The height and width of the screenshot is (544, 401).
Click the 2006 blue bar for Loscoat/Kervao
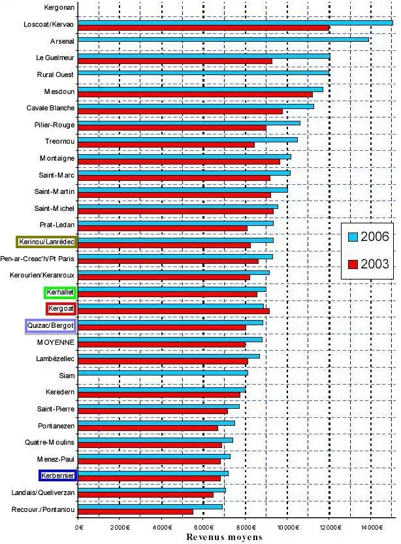point(235,22)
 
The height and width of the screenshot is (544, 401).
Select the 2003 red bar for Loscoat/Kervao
point(203,28)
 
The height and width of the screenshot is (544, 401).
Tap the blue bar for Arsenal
point(223,39)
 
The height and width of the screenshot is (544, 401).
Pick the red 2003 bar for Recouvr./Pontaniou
point(135,512)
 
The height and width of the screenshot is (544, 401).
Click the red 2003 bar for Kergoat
point(173,312)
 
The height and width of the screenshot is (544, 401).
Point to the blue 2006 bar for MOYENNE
point(170,339)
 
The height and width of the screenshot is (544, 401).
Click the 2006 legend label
point(375,236)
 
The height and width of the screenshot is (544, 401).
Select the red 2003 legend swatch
point(353,264)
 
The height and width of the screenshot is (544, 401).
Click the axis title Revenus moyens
point(224,537)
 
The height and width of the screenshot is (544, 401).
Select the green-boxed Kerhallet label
point(60,292)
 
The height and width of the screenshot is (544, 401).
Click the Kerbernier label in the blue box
point(57,475)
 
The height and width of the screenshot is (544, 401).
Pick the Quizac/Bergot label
point(50,325)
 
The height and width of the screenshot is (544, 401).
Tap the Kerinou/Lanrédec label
point(46,242)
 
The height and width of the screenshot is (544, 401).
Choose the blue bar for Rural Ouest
point(203,73)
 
